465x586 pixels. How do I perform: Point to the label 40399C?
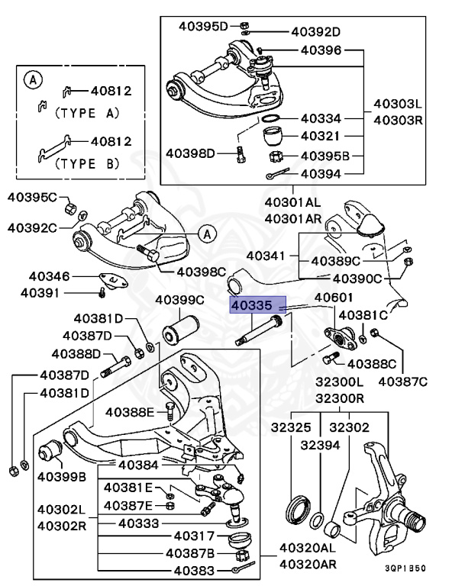[x=179, y=299]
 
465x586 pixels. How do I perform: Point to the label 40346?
[x=50, y=276]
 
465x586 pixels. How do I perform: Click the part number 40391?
[x=41, y=292]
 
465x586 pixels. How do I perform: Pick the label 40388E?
[x=130, y=412]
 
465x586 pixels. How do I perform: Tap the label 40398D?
[x=197, y=153]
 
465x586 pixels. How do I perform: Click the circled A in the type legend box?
[x=31, y=78]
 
